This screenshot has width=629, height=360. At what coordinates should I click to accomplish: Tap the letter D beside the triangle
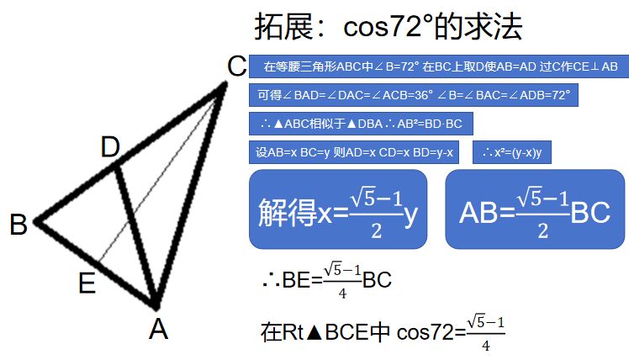click(110, 148)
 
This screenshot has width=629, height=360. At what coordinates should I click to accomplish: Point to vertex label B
click(18, 225)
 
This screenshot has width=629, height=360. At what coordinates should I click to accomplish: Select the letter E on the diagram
click(87, 283)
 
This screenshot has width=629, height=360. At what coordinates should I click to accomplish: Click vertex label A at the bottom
click(158, 329)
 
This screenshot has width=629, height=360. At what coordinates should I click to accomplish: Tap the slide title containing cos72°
click(388, 26)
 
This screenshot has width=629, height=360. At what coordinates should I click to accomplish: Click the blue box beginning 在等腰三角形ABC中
click(438, 66)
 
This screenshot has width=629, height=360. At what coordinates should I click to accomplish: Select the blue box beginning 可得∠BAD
click(414, 95)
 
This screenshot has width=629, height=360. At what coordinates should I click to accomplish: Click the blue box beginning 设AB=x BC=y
click(356, 152)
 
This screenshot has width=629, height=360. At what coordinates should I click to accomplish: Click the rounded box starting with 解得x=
click(338, 209)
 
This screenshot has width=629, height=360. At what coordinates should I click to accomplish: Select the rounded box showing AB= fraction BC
click(534, 209)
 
